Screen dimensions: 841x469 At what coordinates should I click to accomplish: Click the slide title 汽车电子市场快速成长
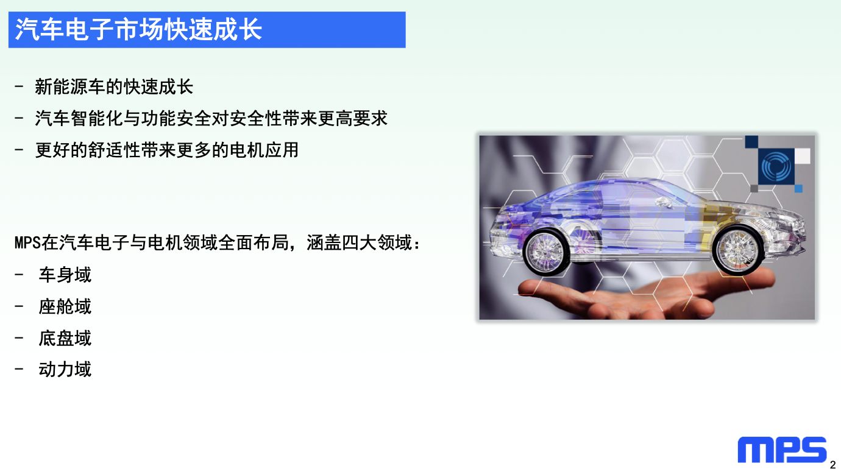(x=138, y=30)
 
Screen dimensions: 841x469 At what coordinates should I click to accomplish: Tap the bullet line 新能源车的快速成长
(x=114, y=87)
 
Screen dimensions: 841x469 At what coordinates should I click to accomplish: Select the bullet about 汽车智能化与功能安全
(x=211, y=119)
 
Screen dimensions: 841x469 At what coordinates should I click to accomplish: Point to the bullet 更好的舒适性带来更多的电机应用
(x=167, y=150)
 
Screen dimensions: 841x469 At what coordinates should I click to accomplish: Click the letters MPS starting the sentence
(x=27, y=243)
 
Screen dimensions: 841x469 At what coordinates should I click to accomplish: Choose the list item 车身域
(x=65, y=275)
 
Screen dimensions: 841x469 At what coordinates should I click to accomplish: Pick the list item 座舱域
(x=65, y=306)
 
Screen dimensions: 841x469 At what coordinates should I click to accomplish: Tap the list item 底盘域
(x=65, y=338)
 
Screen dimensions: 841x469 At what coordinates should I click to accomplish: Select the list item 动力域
(x=65, y=370)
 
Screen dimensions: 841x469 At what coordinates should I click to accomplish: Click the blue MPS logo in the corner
(x=782, y=450)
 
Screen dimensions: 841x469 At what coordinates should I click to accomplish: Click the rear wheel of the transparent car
(x=547, y=250)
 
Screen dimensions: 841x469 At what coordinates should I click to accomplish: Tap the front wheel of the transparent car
(x=739, y=249)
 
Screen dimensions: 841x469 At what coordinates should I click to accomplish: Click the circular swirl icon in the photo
(x=776, y=166)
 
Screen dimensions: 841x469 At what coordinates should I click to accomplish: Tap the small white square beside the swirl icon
(x=803, y=156)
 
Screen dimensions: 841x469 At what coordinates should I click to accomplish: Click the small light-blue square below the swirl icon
(x=798, y=188)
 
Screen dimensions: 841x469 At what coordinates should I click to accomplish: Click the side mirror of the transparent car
(x=664, y=203)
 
